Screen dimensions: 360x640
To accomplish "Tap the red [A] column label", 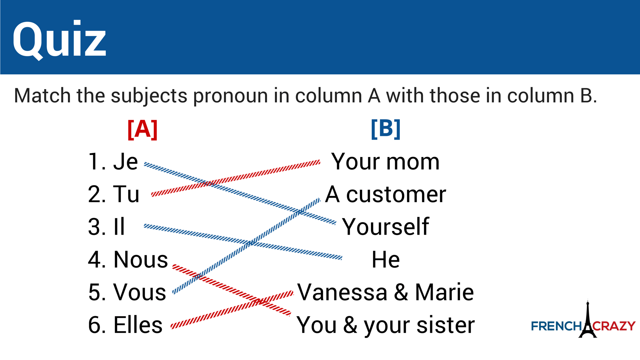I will (x=142, y=129).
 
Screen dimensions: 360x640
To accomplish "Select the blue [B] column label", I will (x=385, y=129).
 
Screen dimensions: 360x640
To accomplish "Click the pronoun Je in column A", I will (x=125, y=162).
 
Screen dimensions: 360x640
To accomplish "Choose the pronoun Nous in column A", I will (x=141, y=260).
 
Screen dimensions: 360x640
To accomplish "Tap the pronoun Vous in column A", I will (x=140, y=292).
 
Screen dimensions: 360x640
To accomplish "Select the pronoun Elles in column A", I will (x=138, y=325).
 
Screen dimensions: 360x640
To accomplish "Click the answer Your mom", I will (x=385, y=162).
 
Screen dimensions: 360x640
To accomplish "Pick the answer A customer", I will (x=385, y=194).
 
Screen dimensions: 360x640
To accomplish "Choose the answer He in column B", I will (x=385, y=260).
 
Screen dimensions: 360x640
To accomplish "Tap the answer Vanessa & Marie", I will (x=385, y=292).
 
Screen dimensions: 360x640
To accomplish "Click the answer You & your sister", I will (x=385, y=325).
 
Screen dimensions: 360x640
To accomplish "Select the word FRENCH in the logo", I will (x=556, y=326).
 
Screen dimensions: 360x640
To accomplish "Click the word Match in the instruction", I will (x=42, y=96).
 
